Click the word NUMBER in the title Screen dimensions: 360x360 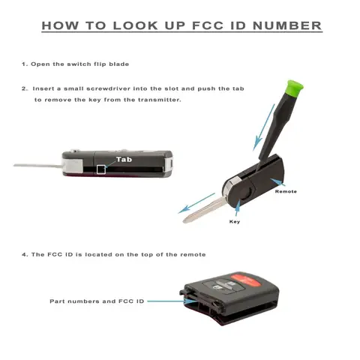point(287,25)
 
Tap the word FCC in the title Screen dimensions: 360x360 point(208,25)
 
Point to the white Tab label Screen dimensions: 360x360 point(124,160)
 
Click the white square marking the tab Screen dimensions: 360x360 point(101,169)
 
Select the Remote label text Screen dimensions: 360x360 point(286,191)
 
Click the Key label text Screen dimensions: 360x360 point(235,222)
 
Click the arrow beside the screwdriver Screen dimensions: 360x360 point(264,127)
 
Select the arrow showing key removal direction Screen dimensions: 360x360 point(196,203)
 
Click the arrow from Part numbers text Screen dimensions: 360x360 point(172,301)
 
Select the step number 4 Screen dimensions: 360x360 point(25,255)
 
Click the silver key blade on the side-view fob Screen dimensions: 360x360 point(37,166)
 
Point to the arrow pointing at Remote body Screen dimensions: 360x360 point(278,182)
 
